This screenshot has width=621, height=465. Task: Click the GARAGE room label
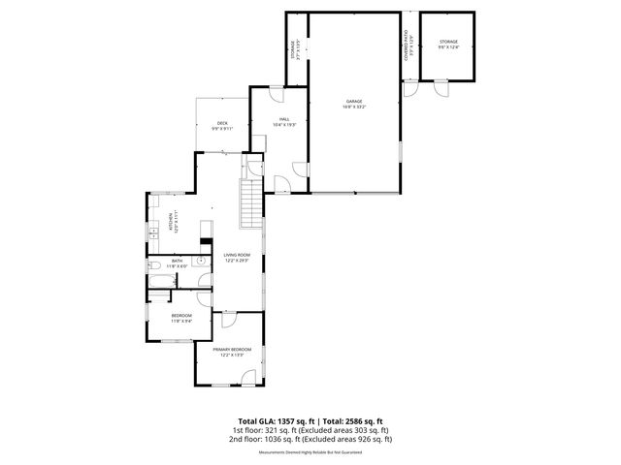pos(354,101)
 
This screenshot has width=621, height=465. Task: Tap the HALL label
pos(284,119)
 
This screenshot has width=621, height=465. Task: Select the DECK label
pos(222,123)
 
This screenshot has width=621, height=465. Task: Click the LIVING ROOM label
pos(237,255)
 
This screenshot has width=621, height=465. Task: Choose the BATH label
pos(178,261)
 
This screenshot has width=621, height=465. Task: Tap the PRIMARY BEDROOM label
pos(232,349)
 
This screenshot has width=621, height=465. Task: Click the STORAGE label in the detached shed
pos(447,42)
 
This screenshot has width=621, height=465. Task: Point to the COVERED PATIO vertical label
pos(406,48)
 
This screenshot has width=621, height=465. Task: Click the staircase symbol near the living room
pos(251,203)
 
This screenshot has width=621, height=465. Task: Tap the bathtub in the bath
pos(159,283)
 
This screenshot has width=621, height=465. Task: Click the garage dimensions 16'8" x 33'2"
pos(354,107)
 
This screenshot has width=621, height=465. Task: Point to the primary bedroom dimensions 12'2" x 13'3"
pos(232,355)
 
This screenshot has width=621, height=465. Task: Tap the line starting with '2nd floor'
pos(310,439)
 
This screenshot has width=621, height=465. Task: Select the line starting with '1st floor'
pos(310,430)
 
